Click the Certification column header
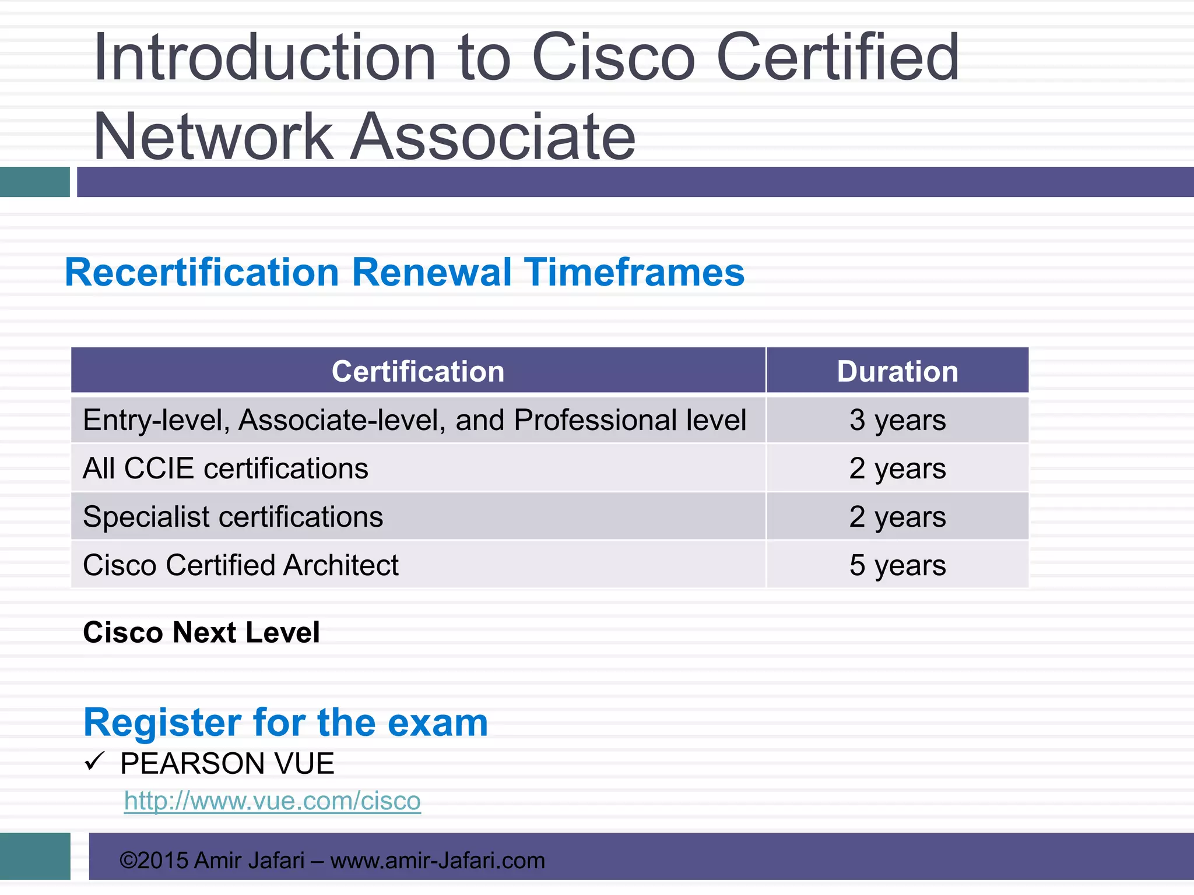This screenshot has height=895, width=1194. [x=418, y=371]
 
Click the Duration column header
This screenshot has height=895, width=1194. [x=897, y=371]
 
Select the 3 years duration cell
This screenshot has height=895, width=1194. [x=897, y=420]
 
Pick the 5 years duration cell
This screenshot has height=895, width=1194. [x=897, y=565]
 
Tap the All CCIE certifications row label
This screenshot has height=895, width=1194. [x=226, y=468]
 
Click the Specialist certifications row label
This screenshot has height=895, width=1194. [x=233, y=517]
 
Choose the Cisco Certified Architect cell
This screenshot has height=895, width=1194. [x=241, y=565]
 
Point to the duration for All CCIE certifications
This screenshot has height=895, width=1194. [x=897, y=468]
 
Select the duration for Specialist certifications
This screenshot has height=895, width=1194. [x=897, y=517]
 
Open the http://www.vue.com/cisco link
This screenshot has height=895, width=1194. [x=272, y=801]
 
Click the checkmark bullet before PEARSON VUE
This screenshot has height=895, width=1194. [x=94, y=761]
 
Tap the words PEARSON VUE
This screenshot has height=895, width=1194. [x=227, y=764]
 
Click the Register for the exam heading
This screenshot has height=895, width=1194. [x=286, y=723]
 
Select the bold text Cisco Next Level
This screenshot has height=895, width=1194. [x=201, y=632]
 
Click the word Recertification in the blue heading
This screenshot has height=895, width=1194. [x=202, y=273]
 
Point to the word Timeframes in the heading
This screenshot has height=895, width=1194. [x=634, y=273]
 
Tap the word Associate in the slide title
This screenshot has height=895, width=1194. [x=493, y=136]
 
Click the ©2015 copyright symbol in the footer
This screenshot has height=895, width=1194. [x=128, y=861]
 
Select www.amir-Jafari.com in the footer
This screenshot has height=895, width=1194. [x=437, y=861]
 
